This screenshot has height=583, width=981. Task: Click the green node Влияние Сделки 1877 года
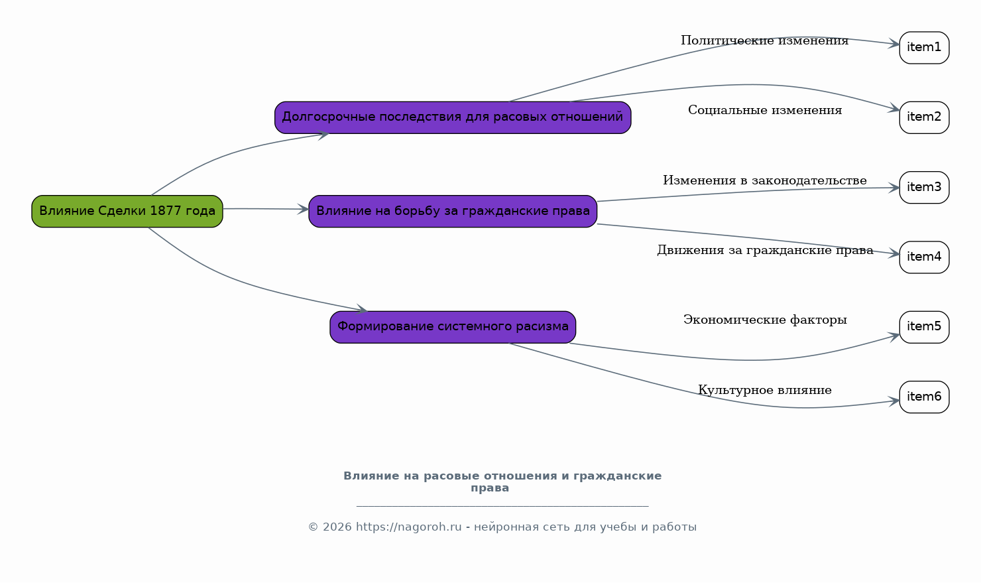pyautogui.click(x=127, y=212)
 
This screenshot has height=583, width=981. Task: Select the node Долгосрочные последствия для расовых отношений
pyautogui.click(x=453, y=117)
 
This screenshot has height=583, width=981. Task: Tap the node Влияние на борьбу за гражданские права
pyautogui.click(x=453, y=212)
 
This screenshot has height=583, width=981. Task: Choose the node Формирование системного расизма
pyautogui.click(x=453, y=327)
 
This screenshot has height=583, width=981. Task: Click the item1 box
pyautogui.click(x=924, y=48)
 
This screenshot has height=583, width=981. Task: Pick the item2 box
pyautogui.click(x=924, y=117)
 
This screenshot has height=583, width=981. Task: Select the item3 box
pyautogui.click(x=924, y=188)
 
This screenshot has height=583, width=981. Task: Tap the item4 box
pyautogui.click(x=924, y=257)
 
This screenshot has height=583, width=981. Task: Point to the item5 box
pyautogui.click(x=924, y=327)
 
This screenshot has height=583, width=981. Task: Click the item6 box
pyautogui.click(x=924, y=397)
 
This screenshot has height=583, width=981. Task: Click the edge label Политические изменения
pyautogui.click(x=765, y=40)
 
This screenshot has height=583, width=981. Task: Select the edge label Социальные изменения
pyautogui.click(x=765, y=111)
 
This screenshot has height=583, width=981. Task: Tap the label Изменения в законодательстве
pyautogui.click(x=765, y=180)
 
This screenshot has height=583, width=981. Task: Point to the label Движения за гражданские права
pyautogui.click(x=765, y=250)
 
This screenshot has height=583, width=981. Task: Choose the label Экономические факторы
pyautogui.click(x=765, y=320)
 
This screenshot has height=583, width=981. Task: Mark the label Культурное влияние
pyautogui.click(x=765, y=390)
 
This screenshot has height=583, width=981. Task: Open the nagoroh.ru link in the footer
pyautogui.click(x=408, y=527)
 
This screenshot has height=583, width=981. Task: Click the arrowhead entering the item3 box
pyautogui.click(x=894, y=188)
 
